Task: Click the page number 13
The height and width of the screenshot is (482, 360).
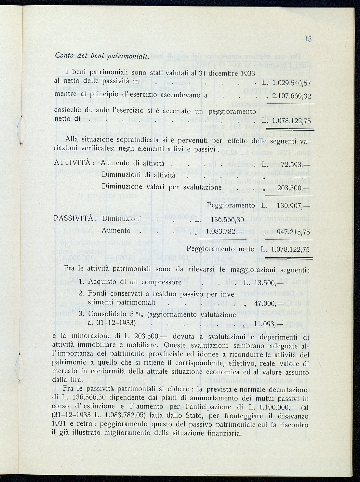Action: [308, 39]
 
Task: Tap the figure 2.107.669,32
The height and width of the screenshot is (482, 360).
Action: [291, 96]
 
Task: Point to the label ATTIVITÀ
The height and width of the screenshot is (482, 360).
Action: [73, 163]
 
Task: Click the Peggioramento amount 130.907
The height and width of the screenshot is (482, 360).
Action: [289, 206]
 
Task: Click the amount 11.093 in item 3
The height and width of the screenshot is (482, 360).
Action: [265, 324]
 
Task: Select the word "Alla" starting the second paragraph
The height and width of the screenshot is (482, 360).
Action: [73, 140]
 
